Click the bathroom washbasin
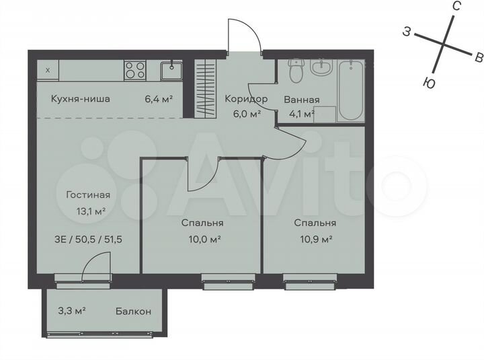[x=322, y=67]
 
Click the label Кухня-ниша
[x=81, y=99]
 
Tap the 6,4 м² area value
[x=159, y=99]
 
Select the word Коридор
[x=245, y=99]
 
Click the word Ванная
[x=302, y=100]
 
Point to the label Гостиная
[x=87, y=195]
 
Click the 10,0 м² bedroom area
[x=202, y=239]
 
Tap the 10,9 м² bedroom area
[x=315, y=239]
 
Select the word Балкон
[x=133, y=312]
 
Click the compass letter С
[x=456, y=6]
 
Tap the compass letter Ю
[x=427, y=82]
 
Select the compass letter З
[x=407, y=31]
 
